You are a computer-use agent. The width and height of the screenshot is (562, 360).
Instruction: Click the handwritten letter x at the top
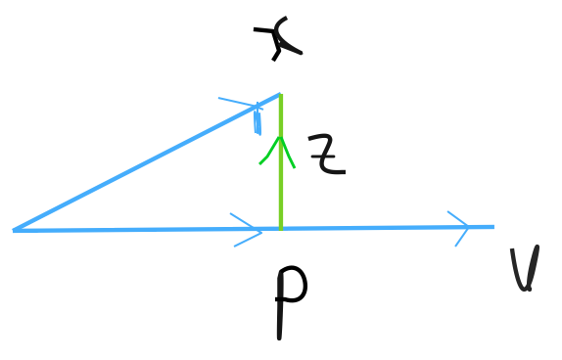(277, 38)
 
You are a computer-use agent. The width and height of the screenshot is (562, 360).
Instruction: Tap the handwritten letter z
(326, 155)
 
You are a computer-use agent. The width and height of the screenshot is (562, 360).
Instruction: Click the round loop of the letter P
(293, 285)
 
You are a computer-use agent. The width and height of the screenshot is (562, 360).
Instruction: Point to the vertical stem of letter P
(280, 308)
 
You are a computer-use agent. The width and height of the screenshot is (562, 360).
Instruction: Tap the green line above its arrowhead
(281, 115)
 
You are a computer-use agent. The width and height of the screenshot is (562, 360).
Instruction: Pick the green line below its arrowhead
(281, 196)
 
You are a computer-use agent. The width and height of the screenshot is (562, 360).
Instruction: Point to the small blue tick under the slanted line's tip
(258, 120)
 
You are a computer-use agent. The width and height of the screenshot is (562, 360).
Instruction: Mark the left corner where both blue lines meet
(15, 230)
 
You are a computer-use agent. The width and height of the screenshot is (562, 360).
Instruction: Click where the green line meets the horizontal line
(281, 229)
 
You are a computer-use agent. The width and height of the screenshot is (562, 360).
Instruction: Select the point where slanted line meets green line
(280, 95)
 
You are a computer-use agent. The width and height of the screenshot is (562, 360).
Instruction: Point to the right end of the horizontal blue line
(492, 227)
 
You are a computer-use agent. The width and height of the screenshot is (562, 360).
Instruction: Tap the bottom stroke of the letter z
(331, 171)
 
